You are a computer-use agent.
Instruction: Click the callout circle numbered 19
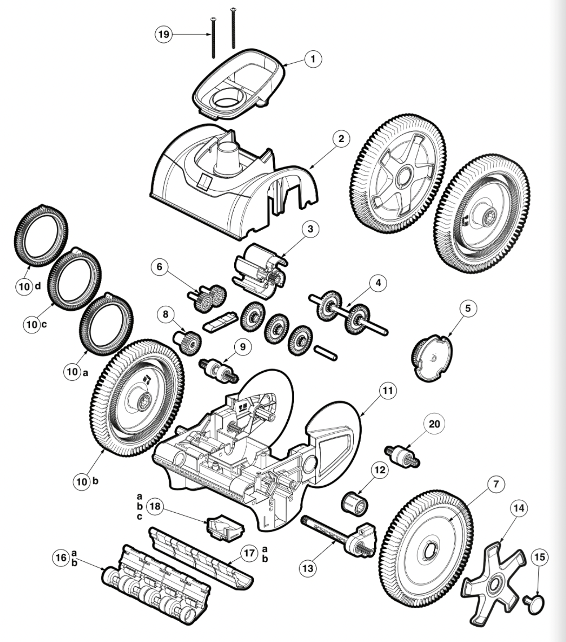[164, 34]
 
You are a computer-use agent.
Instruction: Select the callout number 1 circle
[313, 59]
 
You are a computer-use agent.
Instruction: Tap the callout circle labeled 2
[341, 138]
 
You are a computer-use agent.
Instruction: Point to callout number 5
[468, 308]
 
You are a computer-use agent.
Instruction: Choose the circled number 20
[434, 423]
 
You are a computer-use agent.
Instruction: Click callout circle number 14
[519, 508]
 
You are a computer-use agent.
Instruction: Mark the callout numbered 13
[308, 568]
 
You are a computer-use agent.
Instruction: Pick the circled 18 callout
[155, 507]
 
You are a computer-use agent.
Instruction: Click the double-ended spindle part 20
[402, 455]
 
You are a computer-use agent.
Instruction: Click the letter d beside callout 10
[38, 286]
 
